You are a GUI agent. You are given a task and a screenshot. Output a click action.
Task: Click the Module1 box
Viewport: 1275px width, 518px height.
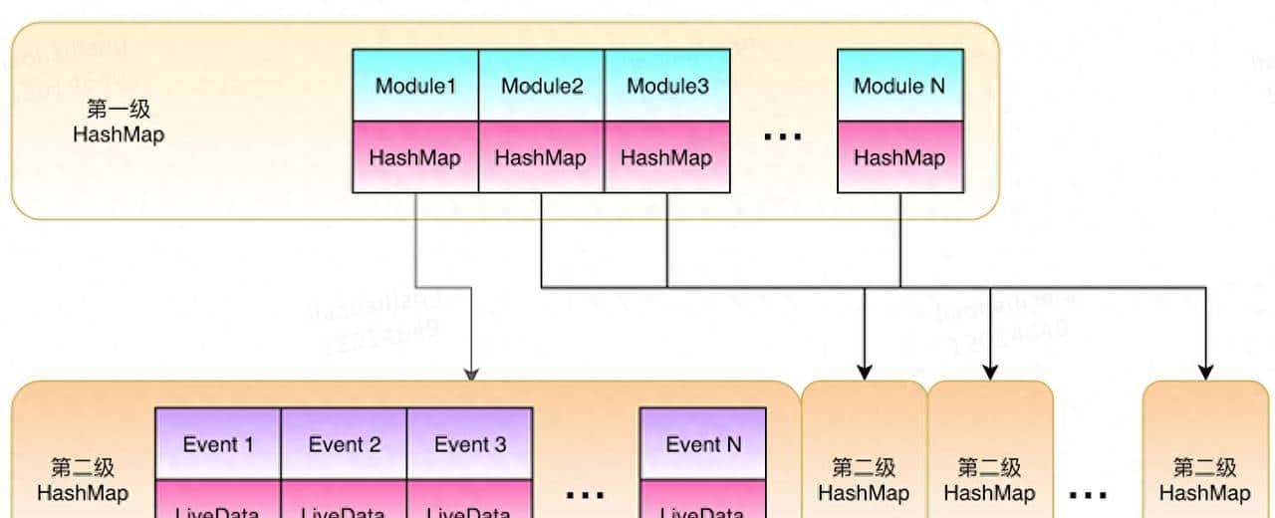(x=415, y=86)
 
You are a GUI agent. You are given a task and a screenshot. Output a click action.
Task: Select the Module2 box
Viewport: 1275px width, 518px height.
(x=542, y=86)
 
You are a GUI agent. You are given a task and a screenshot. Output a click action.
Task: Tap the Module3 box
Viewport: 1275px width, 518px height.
(x=667, y=86)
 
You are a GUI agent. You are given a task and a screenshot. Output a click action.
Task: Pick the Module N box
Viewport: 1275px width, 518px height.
(x=899, y=86)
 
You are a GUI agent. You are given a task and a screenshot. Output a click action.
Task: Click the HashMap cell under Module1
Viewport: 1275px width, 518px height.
(x=415, y=157)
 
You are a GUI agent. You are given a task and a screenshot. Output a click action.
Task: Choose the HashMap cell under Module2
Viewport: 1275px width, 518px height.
(x=542, y=157)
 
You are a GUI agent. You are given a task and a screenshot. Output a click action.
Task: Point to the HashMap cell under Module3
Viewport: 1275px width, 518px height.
(x=667, y=157)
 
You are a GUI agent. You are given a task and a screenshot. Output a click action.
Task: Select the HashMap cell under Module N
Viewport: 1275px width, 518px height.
(x=899, y=157)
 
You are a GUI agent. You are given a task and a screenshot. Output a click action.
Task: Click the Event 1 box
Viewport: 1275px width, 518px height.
(x=218, y=444)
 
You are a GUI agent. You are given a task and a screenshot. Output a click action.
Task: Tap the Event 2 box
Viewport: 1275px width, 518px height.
(x=344, y=444)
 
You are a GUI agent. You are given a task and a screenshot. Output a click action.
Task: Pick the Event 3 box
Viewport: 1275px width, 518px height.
(x=469, y=444)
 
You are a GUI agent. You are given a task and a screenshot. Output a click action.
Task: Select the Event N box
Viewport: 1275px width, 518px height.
(x=702, y=444)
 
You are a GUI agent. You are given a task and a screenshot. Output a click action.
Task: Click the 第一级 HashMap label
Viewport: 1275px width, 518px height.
(x=119, y=122)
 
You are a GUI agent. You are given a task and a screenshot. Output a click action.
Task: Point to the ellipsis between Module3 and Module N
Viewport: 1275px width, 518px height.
(x=783, y=136)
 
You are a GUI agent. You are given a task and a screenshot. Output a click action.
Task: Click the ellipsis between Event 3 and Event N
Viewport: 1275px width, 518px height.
(x=586, y=493)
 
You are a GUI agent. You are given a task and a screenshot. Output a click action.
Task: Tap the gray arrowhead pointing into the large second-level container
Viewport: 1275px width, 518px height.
(x=471, y=374)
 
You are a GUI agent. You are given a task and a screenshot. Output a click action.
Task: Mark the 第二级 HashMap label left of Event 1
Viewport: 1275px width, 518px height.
(x=83, y=479)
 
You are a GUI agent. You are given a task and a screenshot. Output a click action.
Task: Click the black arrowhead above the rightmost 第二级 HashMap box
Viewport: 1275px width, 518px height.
(x=1205, y=373)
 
